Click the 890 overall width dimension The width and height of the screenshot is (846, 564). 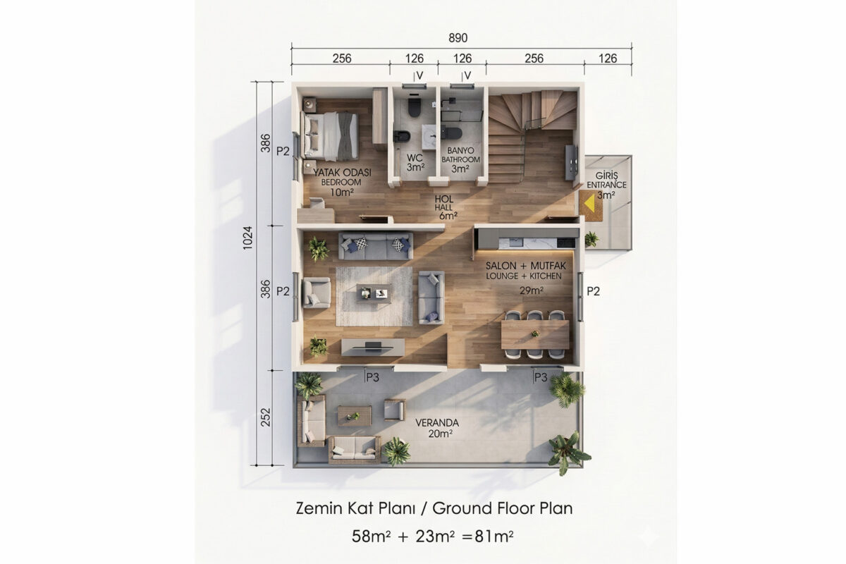point(458,38)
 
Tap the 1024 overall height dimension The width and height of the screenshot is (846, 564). point(247,238)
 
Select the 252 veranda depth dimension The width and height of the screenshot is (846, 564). point(266,417)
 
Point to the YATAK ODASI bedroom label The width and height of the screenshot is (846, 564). point(342,173)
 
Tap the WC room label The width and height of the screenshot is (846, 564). point(415,157)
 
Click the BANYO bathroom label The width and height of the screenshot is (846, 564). point(460,151)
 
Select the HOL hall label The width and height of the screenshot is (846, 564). point(443,199)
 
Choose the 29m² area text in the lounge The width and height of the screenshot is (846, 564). point(532,290)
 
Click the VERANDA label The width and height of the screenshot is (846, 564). point(437,423)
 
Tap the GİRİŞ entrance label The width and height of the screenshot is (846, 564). point(606,176)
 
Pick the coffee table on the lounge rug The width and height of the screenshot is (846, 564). point(374,293)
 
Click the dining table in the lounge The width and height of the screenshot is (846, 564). point(535,334)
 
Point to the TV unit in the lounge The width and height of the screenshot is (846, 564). point(373,347)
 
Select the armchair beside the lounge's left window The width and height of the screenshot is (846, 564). point(317,293)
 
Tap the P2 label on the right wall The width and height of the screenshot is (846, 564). point(594,291)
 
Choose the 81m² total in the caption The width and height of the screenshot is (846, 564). point(494,536)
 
